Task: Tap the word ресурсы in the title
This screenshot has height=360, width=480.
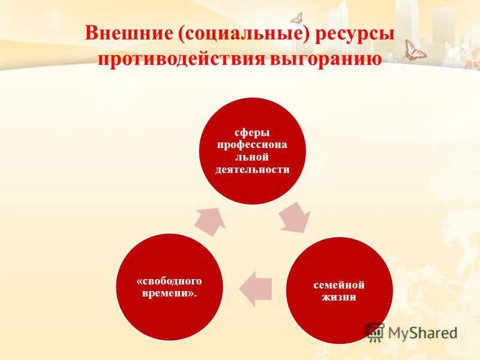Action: tap(356, 34)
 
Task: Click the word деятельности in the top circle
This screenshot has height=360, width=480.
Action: tap(252, 169)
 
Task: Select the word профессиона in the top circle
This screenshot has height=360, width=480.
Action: tap(252, 145)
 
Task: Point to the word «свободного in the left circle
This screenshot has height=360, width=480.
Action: tap(169, 281)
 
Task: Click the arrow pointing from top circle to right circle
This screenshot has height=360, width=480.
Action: tap(295, 217)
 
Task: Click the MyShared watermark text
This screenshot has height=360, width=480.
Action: tap(422, 332)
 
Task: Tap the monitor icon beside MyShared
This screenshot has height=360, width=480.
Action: tap(375, 331)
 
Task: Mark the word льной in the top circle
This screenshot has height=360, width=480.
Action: tap(252, 157)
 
